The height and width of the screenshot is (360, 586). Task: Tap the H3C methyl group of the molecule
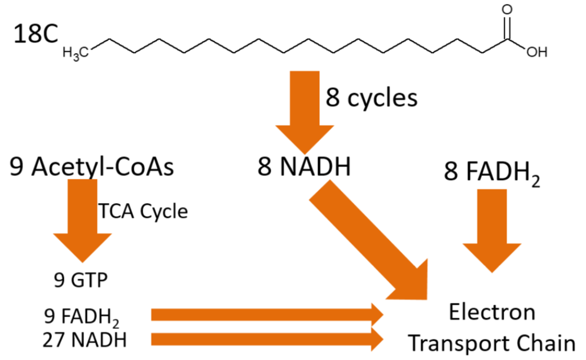click(x=75, y=53)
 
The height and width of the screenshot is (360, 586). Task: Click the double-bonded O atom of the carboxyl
click(x=508, y=10)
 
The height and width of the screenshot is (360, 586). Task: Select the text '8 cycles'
click(x=372, y=99)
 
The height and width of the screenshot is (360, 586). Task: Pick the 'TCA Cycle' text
click(x=143, y=211)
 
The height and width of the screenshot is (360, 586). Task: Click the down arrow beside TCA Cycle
click(x=82, y=220)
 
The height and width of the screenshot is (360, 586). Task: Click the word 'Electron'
click(x=492, y=311)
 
